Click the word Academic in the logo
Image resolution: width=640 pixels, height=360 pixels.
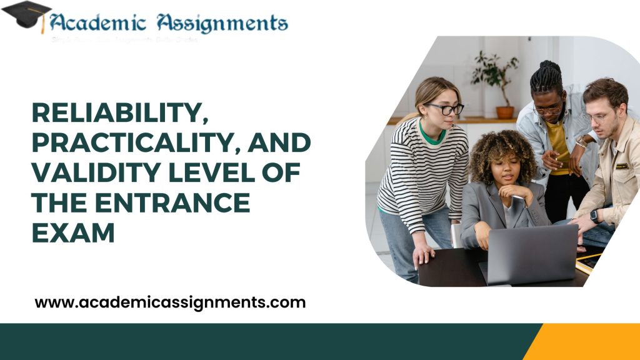point(97,23)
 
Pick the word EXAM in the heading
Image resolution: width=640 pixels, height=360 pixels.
point(73,232)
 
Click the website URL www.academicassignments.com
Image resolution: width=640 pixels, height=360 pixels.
point(170,303)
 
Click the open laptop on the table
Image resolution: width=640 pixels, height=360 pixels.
point(531,253)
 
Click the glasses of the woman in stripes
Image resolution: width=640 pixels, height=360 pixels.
point(444,109)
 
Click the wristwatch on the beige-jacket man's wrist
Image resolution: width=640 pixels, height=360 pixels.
point(594,215)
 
